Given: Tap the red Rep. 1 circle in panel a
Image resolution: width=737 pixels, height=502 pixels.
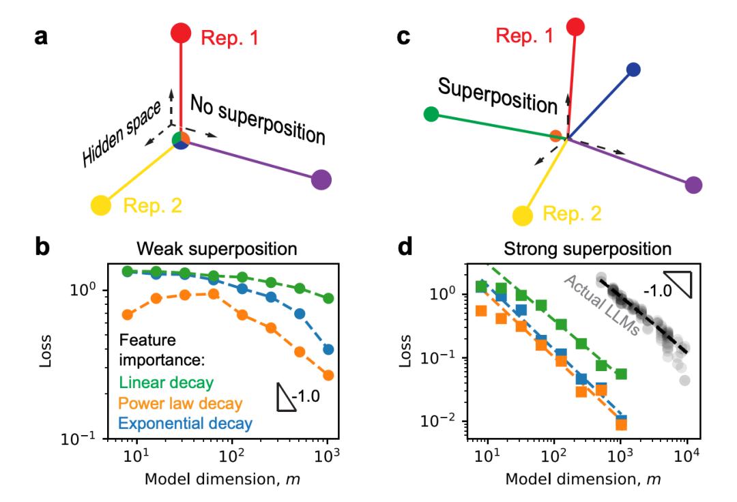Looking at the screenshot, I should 180,32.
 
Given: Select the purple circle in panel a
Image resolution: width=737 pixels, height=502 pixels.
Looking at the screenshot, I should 321,180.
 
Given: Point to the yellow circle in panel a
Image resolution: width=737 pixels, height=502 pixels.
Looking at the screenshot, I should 101,204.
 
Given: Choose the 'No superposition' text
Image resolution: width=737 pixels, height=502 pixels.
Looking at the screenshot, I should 257,120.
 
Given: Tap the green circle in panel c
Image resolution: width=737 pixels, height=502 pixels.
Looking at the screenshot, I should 431,113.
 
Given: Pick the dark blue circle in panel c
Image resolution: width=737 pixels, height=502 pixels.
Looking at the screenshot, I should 633,69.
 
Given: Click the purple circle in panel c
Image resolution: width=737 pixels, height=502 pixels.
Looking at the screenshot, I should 693,184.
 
